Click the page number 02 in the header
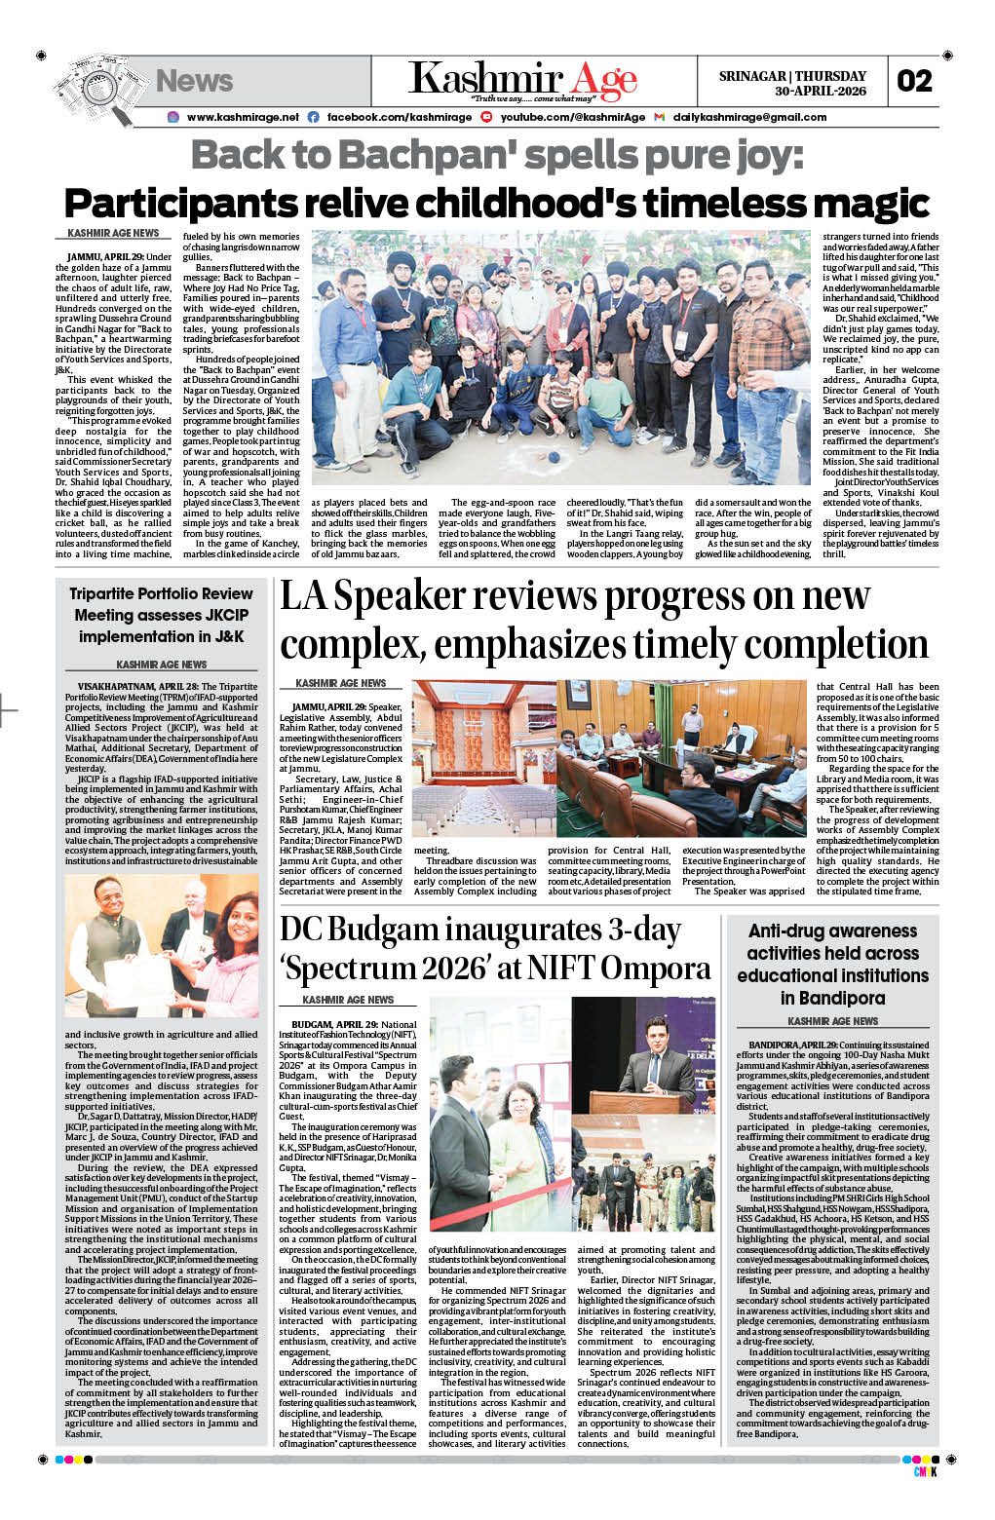tap(915, 81)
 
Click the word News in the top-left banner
tap(194, 81)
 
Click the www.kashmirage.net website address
tap(243, 117)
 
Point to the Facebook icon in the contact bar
tap(313, 117)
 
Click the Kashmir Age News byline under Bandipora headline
tap(832, 1021)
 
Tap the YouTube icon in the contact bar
tap(486, 117)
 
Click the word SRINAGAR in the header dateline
tap(752, 76)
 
